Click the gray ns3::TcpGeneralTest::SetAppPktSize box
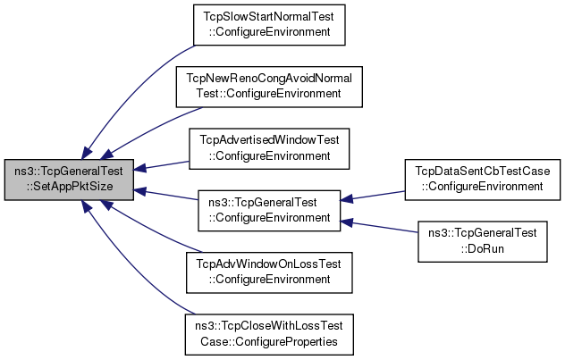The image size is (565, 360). pyautogui.click(x=69, y=180)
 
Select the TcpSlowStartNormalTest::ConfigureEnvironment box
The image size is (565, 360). pyautogui.click(x=269, y=25)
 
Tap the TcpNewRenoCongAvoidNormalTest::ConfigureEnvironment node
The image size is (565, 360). pyautogui.click(x=269, y=87)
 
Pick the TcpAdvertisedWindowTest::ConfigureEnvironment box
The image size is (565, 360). pyautogui.click(x=269, y=148)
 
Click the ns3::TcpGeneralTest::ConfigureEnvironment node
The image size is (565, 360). pyautogui.click(x=269, y=211)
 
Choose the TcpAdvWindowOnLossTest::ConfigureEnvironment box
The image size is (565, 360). pyautogui.click(x=269, y=272)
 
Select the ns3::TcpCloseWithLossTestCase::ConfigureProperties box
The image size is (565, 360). pyautogui.click(x=269, y=334)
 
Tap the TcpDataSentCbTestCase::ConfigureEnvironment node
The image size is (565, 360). pyautogui.click(x=483, y=180)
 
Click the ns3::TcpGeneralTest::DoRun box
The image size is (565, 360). pyautogui.click(x=483, y=241)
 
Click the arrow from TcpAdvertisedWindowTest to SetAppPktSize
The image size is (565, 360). pyautogui.click(x=161, y=165)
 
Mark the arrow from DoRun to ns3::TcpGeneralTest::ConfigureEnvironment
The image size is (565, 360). pyautogui.click(x=379, y=227)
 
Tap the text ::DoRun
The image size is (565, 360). pyautogui.click(x=482, y=248)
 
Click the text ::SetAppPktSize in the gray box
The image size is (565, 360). pyautogui.click(x=69, y=187)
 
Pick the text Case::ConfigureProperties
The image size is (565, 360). pyautogui.click(x=269, y=341)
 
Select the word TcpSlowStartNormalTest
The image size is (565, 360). pyautogui.click(x=269, y=17)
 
